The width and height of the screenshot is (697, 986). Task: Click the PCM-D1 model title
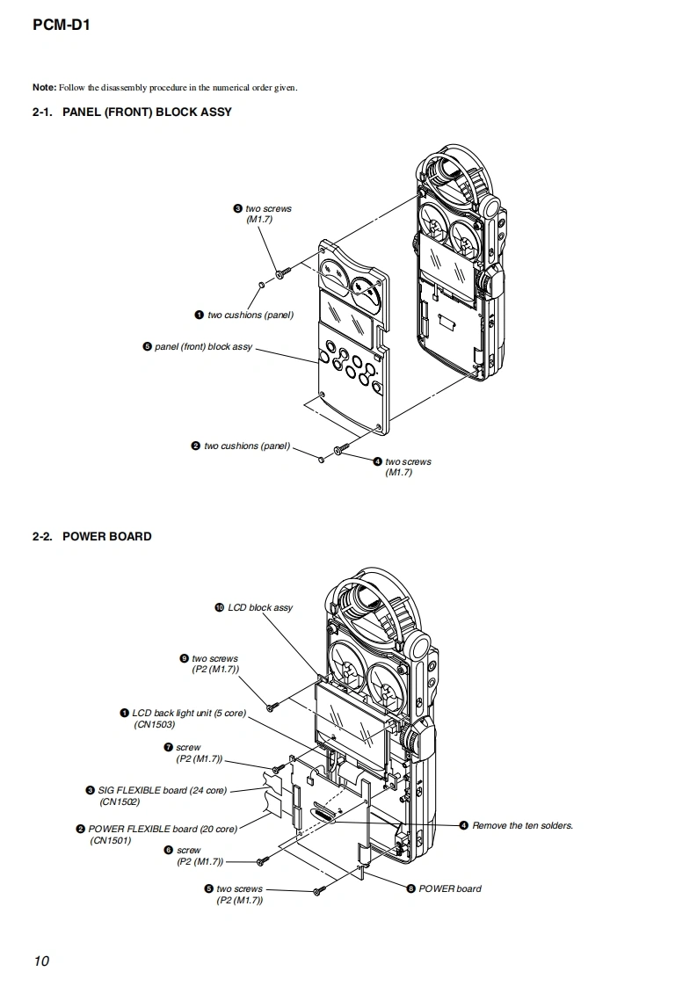point(61,25)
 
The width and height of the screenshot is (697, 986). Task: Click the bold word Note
point(44,87)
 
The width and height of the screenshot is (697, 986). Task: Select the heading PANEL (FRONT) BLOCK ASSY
point(147,112)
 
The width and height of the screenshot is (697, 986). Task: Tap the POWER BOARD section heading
point(106,536)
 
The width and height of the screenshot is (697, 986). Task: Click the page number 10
point(41,961)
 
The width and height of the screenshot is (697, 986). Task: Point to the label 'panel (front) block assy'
point(203,347)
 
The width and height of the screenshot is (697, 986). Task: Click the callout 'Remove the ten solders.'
point(522,825)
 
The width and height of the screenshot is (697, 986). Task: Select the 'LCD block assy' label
point(260,607)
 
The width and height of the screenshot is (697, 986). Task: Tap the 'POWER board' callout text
point(449,888)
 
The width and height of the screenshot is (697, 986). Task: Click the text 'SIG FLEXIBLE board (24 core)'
point(162,790)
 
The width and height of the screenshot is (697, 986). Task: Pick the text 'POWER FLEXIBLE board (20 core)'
point(163,829)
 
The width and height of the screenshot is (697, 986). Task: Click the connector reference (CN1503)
point(154,724)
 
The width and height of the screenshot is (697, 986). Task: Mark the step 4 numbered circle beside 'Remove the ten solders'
point(463,825)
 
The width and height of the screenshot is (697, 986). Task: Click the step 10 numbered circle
point(219,607)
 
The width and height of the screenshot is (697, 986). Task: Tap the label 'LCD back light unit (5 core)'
point(189,713)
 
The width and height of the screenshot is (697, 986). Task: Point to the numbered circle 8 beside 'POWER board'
point(410,888)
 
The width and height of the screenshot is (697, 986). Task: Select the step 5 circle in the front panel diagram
point(147,347)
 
